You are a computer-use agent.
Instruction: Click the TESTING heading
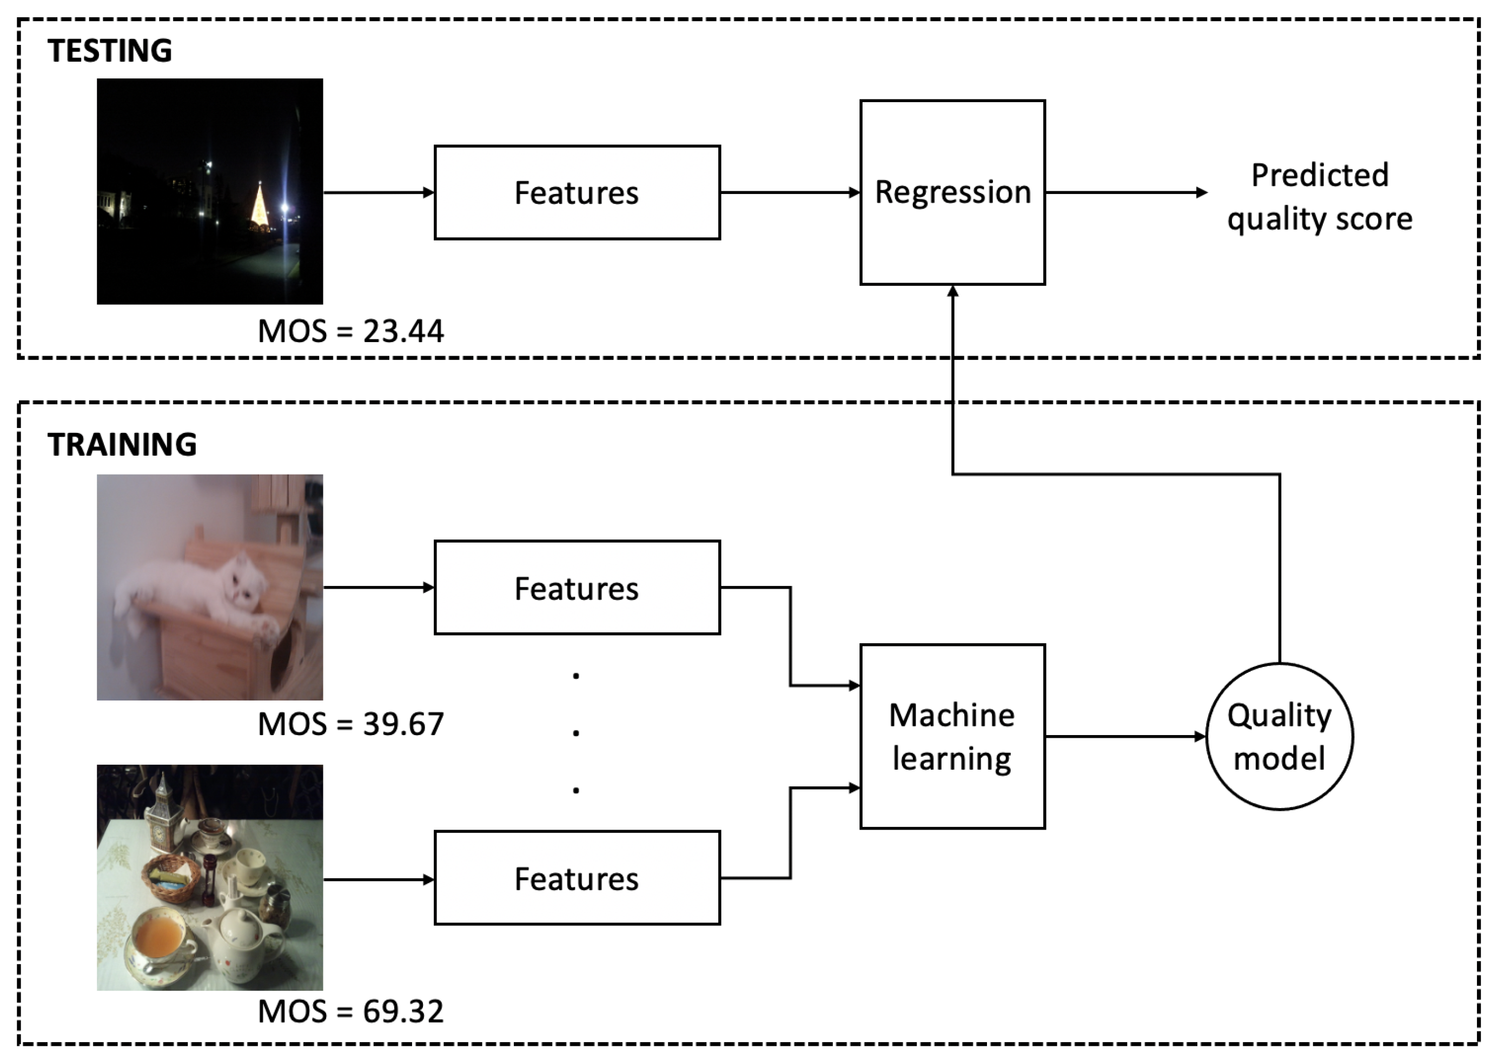tap(110, 51)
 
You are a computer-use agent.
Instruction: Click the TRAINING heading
tap(122, 445)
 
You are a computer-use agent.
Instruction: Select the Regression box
tap(952, 192)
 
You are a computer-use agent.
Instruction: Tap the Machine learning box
tap(952, 737)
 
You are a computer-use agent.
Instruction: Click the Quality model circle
tap(1279, 737)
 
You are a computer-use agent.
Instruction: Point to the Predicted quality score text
tap(1319, 196)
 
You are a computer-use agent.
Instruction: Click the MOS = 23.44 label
tap(351, 331)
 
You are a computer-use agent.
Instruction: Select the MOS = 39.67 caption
tap(351, 724)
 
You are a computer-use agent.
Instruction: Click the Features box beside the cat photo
tap(577, 588)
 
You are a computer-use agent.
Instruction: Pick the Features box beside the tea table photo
tap(577, 878)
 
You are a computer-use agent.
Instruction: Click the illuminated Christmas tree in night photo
tap(260, 208)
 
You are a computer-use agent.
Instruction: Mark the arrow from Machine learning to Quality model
tap(1124, 737)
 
